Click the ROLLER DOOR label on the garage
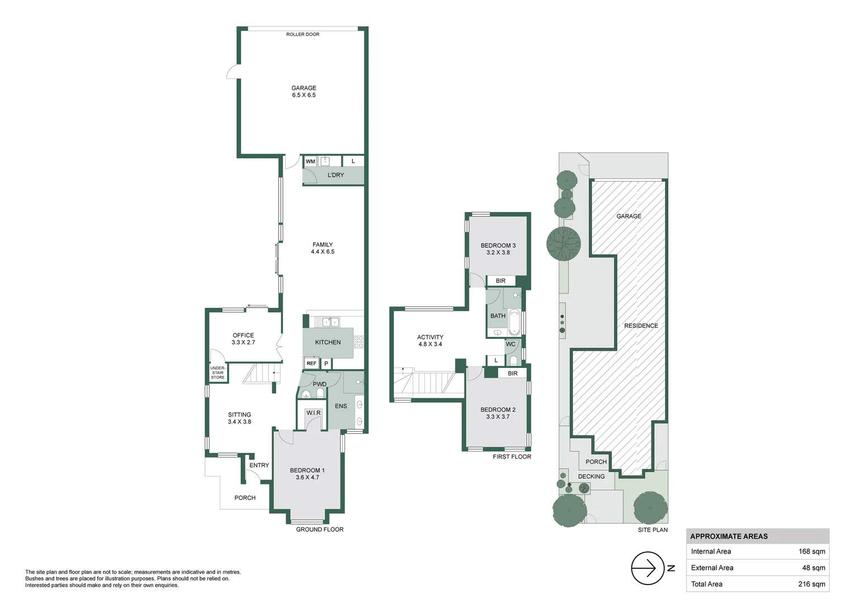tap(303, 35)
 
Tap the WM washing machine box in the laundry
tap(310, 162)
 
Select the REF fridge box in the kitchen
tap(311, 364)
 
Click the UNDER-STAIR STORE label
tap(218, 373)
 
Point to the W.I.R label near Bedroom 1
tap(314, 413)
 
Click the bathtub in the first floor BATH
tap(514, 322)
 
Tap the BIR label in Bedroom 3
tap(500, 281)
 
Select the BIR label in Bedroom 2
tap(513, 373)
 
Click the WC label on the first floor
tap(511, 345)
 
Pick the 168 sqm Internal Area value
tap(811, 551)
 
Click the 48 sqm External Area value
tap(814, 568)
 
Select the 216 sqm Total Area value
tap(811, 584)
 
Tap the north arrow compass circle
tap(648, 568)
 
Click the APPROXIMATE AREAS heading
tap(729, 536)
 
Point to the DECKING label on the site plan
tap(591, 476)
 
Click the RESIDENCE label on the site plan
tap(641, 325)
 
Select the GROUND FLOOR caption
tap(319, 530)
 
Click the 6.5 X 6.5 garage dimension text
tap(304, 95)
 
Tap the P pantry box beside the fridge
tap(326, 364)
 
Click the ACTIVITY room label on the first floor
tap(430, 337)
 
